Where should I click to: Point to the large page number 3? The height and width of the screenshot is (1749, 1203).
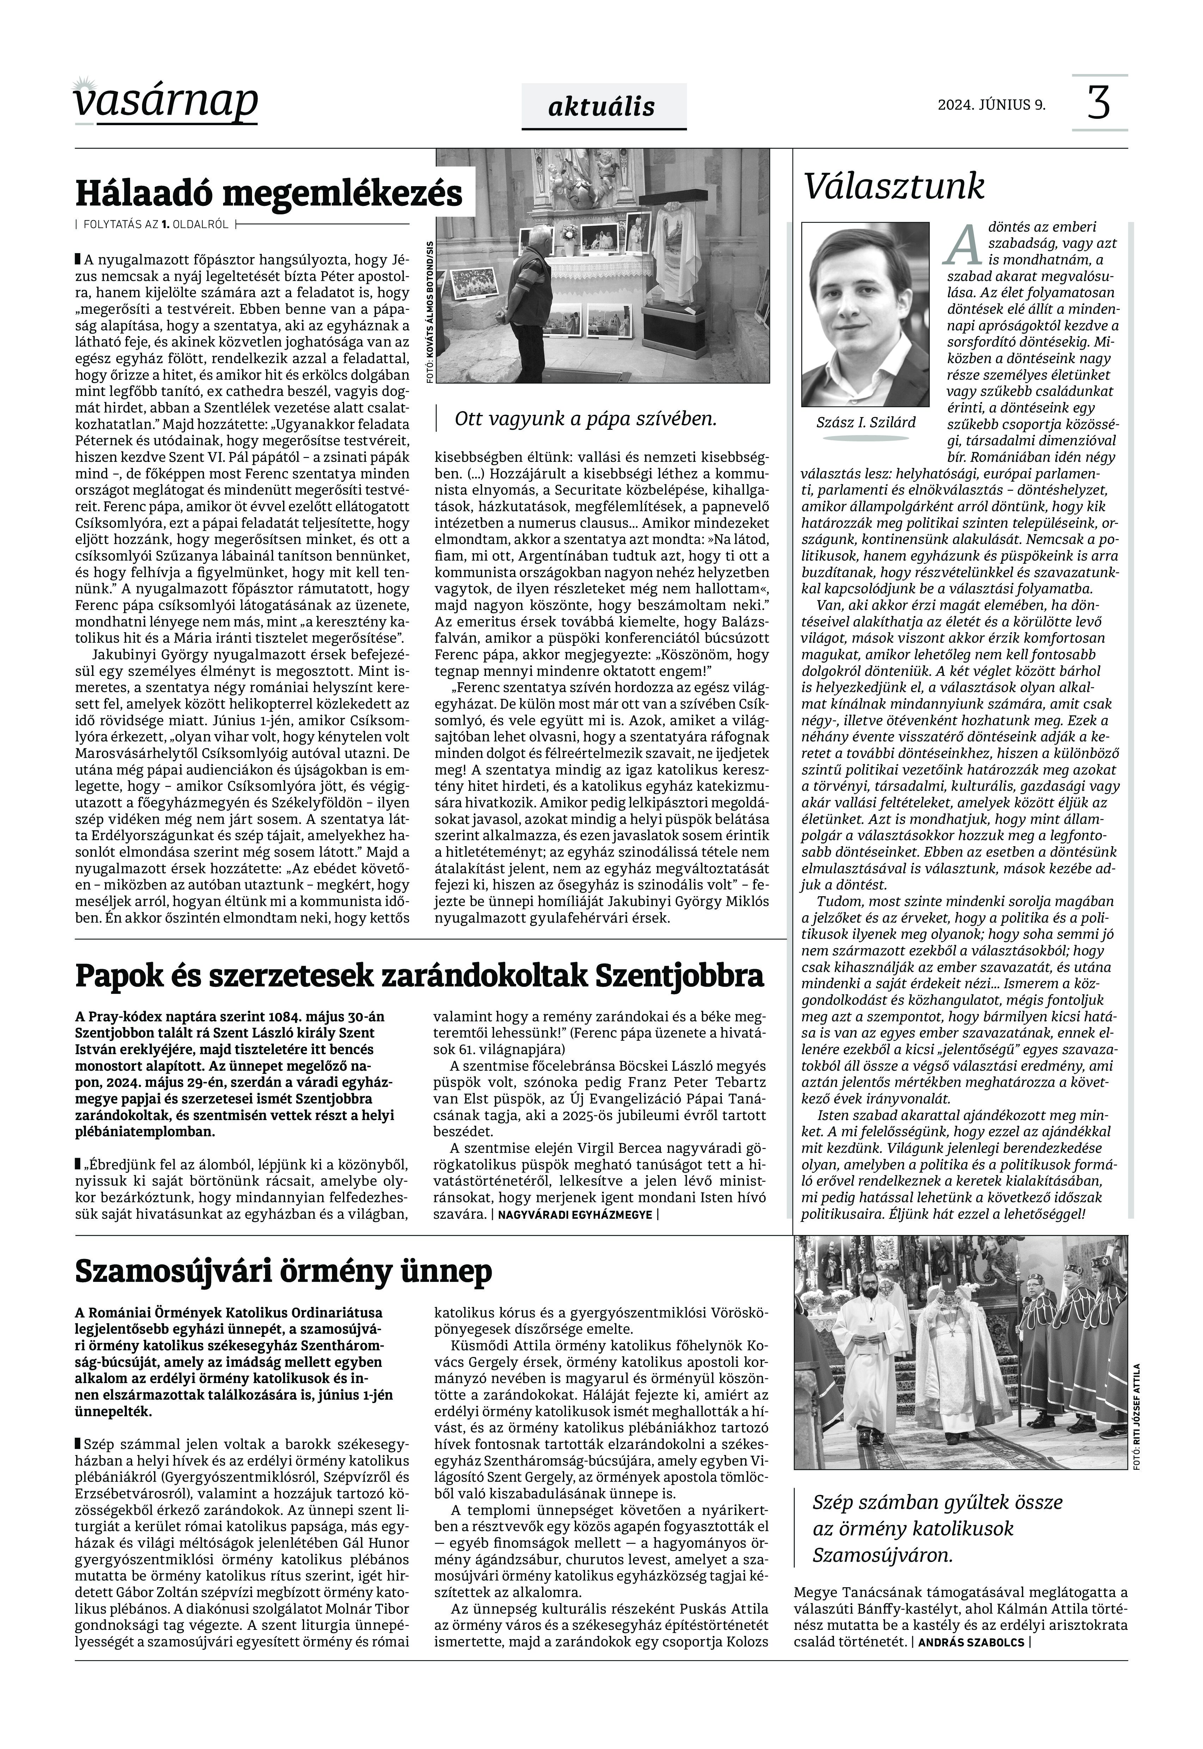coord(1099,103)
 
